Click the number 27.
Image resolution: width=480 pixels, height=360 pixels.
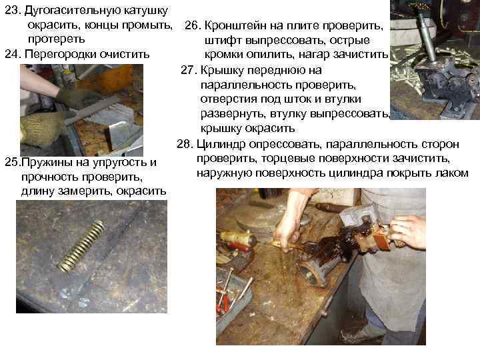[189, 69]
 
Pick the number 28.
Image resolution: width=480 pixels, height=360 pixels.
[185, 144]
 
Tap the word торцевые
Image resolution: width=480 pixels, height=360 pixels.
[306, 159]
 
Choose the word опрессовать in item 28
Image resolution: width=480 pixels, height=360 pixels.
[283, 144]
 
